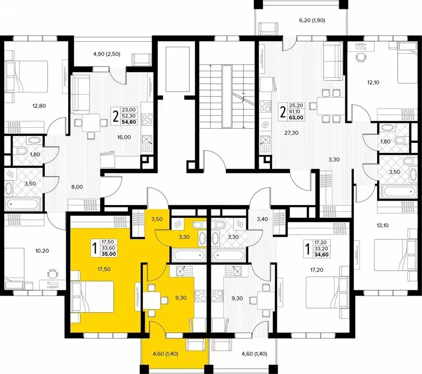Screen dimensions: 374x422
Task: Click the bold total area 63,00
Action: (x=296, y=117)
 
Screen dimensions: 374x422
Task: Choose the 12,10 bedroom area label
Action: (x=373, y=82)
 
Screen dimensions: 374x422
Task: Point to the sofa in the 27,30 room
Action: (x=333, y=62)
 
